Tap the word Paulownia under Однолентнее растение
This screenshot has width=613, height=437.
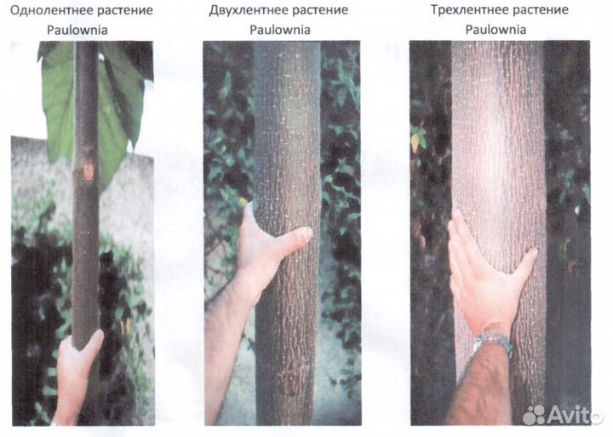(77, 30)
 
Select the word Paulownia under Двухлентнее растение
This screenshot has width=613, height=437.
(280, 30)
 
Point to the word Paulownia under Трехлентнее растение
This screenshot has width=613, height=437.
(496, 29)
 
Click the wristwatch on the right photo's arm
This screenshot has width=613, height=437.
(493, 342)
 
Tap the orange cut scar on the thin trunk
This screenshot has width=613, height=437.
(89, 171)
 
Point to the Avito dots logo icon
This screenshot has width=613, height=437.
(533, 415)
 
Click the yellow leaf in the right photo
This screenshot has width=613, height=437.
(415, 140)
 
